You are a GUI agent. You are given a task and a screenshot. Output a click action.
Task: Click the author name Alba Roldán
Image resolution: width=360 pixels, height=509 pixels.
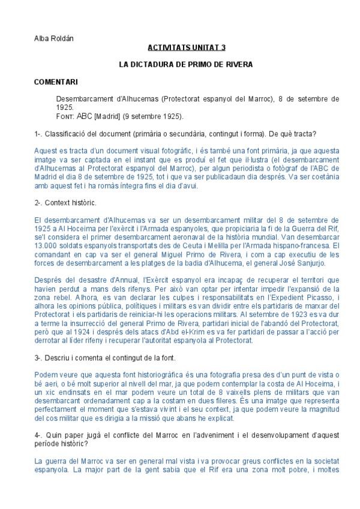(x=54, y=38)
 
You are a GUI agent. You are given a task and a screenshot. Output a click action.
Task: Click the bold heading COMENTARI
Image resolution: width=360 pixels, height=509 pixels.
(x=56, y=81)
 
